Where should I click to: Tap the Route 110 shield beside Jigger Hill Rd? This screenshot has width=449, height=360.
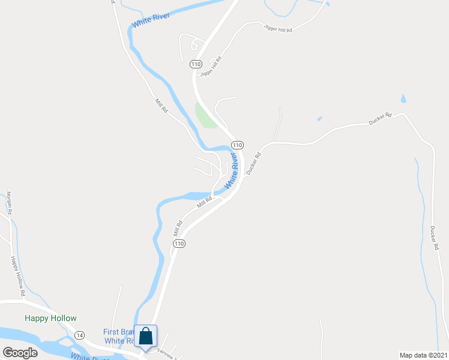click(x=195, y=64)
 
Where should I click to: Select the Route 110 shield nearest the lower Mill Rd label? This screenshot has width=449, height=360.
click(x=179, y=244)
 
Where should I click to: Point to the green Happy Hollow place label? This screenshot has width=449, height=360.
click(x=50, y=319)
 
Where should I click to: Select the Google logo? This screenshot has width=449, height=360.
click(x=20, y=352)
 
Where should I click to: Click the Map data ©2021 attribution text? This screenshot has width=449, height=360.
click(x=423, y=355)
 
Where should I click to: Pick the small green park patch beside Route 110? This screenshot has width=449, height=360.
click(x=205, y=115)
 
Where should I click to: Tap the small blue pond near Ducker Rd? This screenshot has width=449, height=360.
click(x=403, y=98)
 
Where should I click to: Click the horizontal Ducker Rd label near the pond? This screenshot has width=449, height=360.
click(x=380, y=119)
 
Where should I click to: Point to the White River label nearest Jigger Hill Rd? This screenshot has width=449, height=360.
click(x=150, y=19)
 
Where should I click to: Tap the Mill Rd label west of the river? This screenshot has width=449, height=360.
click(x=160, y=106)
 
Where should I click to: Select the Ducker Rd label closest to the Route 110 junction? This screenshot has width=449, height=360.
click(x=254, y=163)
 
